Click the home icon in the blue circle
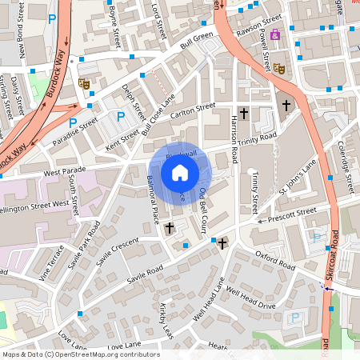[x=180, y=172]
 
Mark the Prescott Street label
[x=293, y=214]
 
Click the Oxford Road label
[x=275, y=260]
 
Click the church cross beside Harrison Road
[x=244, y=114]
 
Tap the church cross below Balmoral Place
[x=169, y=229]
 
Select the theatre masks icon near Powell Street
[x=279, y=69]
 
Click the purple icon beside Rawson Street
[x=275, y=34]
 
